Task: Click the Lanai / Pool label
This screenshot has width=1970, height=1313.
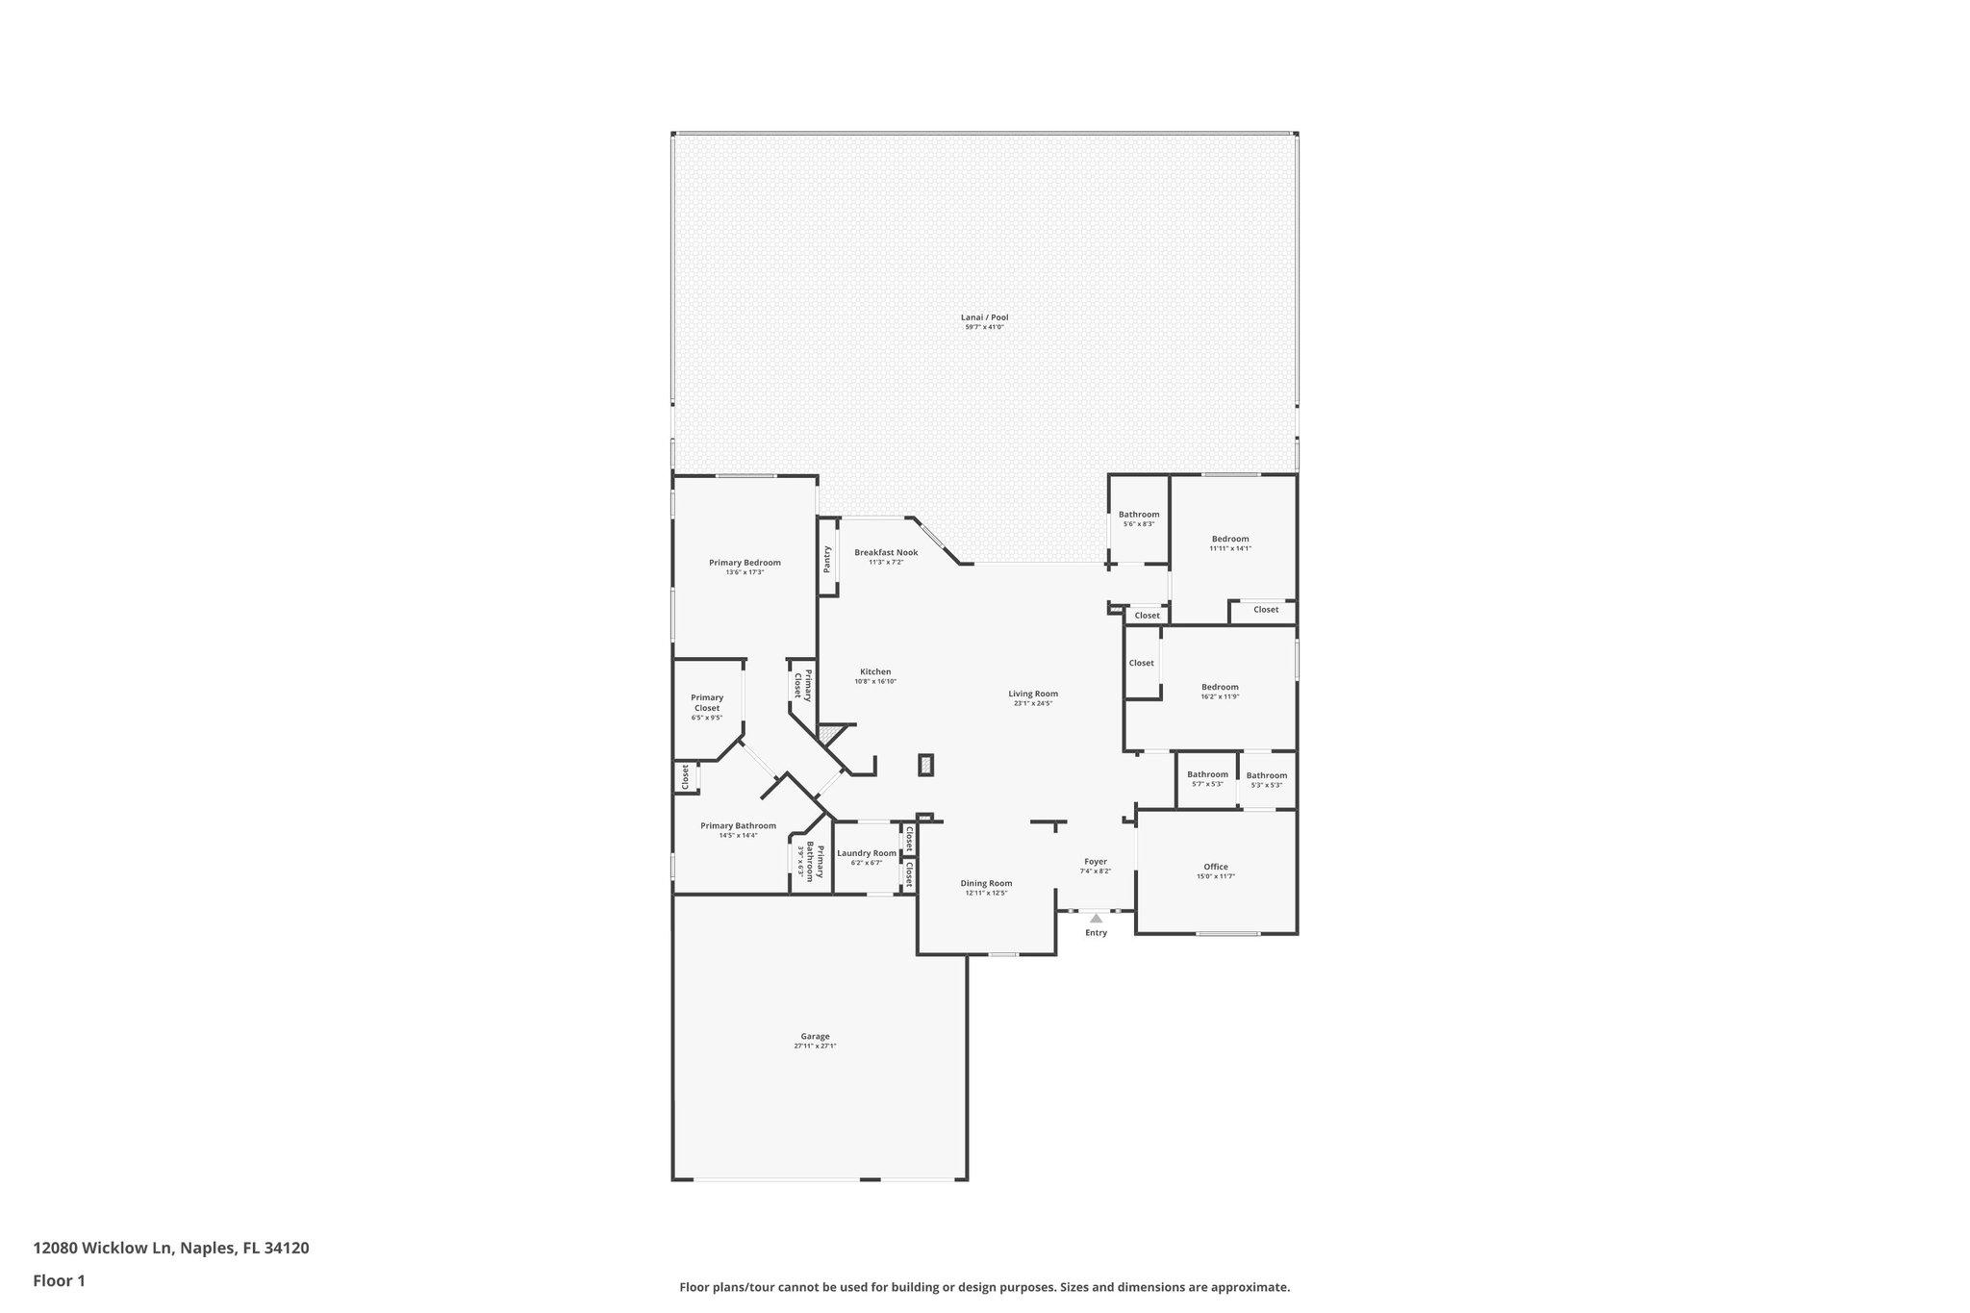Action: tap(984, 317)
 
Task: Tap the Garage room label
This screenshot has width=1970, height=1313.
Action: tap(815, 1036)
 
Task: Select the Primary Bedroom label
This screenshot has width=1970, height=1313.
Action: tap(745, 563)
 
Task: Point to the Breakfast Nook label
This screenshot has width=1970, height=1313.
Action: tap(886, 552)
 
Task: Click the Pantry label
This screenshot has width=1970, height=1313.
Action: tap(827, 559)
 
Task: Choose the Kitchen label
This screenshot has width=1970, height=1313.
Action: tap(875, 671)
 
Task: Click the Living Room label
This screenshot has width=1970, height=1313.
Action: tap(1033, 694)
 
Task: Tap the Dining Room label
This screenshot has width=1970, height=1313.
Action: tap(986, 883)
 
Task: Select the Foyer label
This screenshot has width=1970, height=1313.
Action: tap(1096, 862)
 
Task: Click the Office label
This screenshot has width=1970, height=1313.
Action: tap(1216, 867)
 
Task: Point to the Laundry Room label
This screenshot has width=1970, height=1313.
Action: tap(867, 853)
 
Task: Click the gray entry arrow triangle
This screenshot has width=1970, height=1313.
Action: tap(1096, 918)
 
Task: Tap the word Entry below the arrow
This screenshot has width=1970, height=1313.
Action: tap(1096, 932)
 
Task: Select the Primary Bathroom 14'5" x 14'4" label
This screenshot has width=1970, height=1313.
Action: tap(738, 830)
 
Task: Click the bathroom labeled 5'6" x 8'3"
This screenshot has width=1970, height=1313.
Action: tap(1139, 518)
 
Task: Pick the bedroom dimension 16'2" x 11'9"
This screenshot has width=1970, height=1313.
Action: tap(1220, 696)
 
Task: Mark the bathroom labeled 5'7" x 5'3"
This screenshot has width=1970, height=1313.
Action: tap(1207, 778)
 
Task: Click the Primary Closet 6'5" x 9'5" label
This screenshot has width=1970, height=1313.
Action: tap(707, 707)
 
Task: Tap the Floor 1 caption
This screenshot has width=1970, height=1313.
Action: tap(60, 1280)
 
